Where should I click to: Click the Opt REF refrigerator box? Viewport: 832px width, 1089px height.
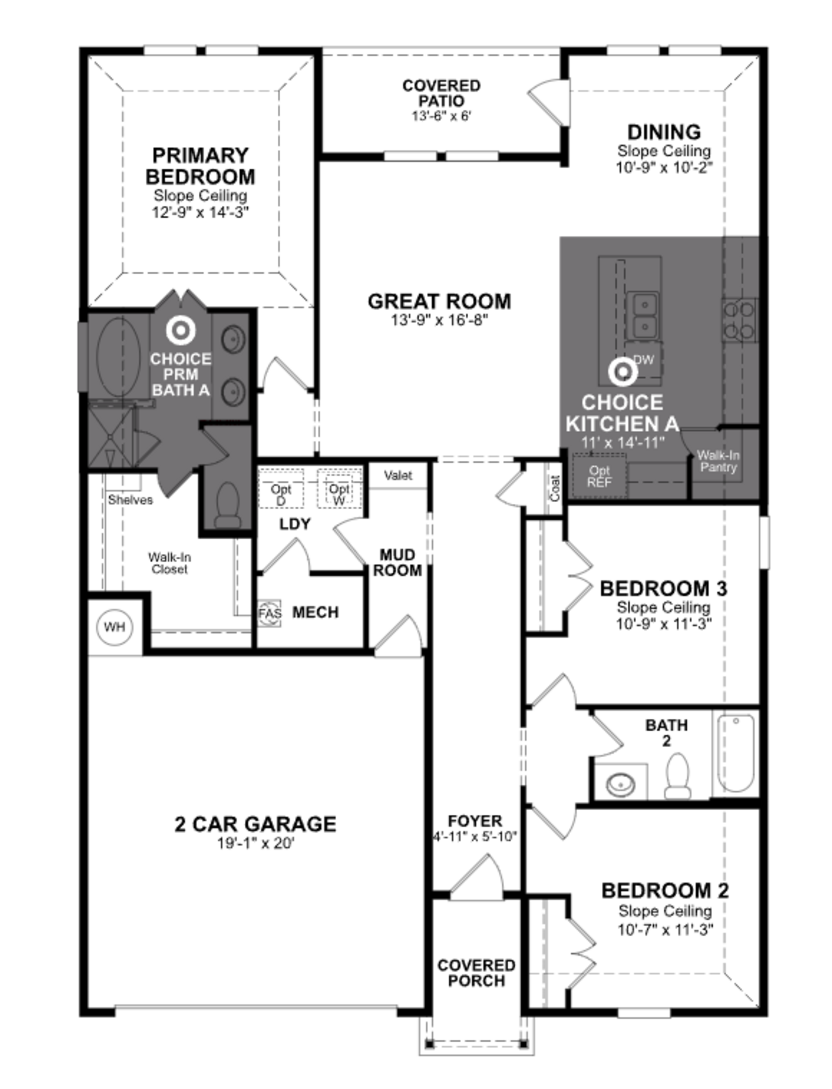[599, 476]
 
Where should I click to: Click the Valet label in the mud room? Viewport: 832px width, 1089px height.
[398, 476]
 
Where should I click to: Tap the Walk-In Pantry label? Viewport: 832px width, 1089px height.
[718, 461]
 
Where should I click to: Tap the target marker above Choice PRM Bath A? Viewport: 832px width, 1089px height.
[181, 330]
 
